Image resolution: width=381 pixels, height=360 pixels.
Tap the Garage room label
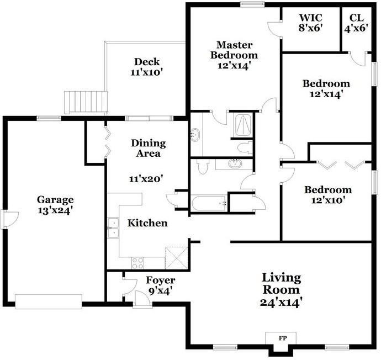(55, 199)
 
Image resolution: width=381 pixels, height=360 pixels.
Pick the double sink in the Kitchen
(113, 227)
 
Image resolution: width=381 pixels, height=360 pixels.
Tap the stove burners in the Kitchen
(137, 262)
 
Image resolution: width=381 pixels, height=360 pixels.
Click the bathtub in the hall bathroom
(210, 203)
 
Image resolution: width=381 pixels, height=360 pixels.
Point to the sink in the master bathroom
(196, 134)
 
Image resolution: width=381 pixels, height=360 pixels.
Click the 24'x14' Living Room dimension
(281, 303)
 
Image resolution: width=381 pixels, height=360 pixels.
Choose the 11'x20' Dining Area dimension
(146, 178)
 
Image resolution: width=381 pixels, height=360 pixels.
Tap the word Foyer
(160, 280)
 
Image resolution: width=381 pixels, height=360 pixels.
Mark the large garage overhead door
(48, 301)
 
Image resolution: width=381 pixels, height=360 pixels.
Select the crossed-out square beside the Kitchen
(177, 257)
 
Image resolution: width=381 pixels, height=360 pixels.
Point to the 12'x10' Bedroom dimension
(328, 200)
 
